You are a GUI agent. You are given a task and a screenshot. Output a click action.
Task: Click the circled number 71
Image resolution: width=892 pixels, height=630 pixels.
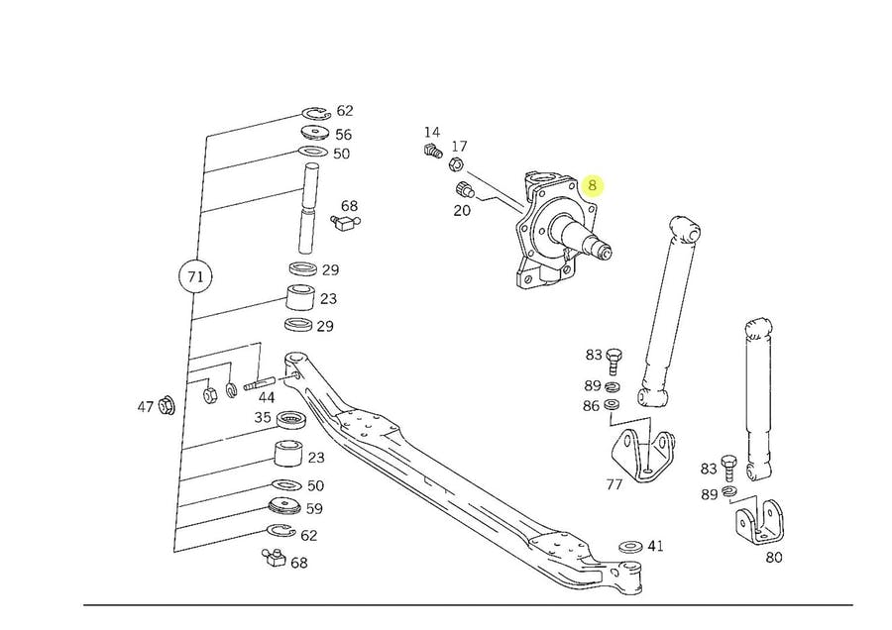tap(195, 276)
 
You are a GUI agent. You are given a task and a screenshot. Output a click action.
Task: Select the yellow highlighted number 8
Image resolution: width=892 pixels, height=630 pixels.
tap(593, 184)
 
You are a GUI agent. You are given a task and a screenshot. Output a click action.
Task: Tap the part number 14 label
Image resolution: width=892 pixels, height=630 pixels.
tap(432, 133)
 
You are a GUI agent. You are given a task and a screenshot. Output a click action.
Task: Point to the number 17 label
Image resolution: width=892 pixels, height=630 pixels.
tap(460, 147)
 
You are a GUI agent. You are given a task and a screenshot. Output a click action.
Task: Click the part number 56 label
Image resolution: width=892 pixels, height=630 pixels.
tap(343, 135)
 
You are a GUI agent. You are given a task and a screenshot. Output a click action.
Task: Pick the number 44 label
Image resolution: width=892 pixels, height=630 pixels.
tap(267, 397)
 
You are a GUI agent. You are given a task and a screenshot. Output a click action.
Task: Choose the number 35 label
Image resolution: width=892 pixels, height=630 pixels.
tap(262, 418)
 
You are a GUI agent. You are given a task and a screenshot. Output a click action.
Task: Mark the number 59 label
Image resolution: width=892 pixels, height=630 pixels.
tap(314, 510)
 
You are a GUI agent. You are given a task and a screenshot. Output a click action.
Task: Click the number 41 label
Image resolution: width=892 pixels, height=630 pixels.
tap(656, 546)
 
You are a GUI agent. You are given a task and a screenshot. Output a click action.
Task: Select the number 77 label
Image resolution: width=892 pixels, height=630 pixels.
tap(614, 485)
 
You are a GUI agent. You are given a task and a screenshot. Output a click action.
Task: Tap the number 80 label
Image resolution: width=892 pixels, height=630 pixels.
tap(774, 557)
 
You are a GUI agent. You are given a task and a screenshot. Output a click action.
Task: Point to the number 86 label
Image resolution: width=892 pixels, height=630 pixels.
tap(591, 405)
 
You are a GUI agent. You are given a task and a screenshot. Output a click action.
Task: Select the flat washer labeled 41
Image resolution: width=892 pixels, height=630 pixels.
tap(628, 547)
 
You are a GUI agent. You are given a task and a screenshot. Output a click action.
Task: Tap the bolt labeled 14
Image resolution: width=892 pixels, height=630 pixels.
tap(431, 152)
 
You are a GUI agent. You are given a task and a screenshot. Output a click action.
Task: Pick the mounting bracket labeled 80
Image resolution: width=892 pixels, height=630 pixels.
tap(757, 521)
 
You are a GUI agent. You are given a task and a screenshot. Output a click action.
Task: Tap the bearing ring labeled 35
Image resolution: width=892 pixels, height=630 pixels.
tap(290, 419)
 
